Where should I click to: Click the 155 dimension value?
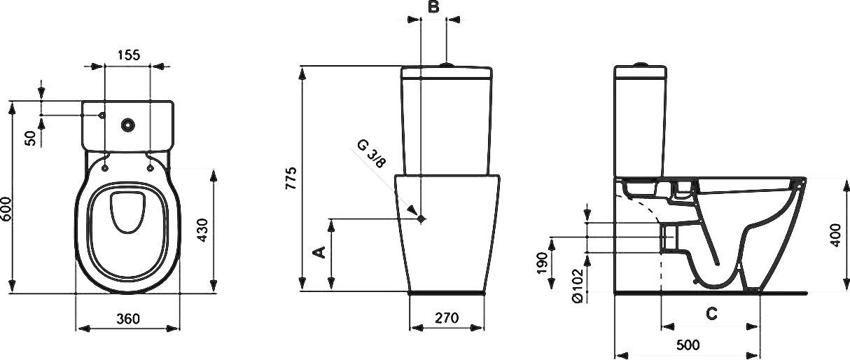pos(127,54)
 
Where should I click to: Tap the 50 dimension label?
pos(30,137)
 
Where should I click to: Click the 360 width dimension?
pos(127,318)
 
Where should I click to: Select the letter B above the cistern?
pos(433,7)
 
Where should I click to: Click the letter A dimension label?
pos(319,252)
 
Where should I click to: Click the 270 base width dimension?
pos(446,318)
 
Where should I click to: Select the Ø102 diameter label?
pos(577,286)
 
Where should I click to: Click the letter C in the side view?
pos(711,314)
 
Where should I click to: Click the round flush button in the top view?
pos(127,125)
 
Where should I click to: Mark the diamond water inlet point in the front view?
pos(421,219)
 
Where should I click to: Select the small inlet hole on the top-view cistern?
pos(102,114)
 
